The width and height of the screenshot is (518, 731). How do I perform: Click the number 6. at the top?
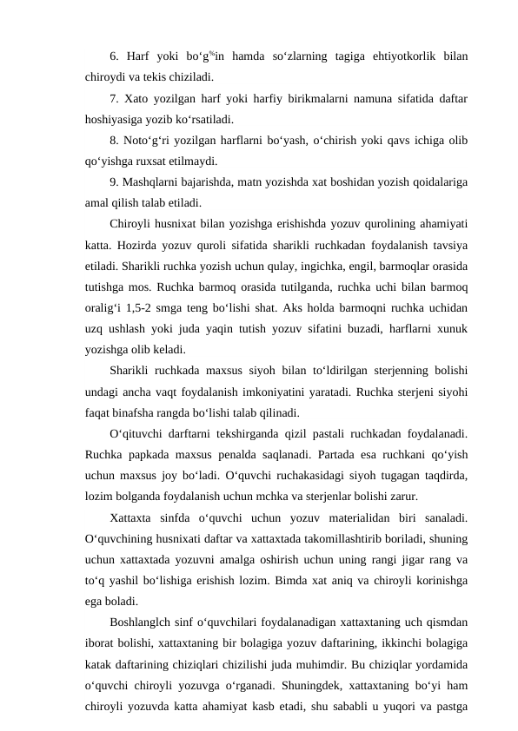[x=116, y=58]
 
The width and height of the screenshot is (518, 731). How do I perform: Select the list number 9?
[x=116, y=185]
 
